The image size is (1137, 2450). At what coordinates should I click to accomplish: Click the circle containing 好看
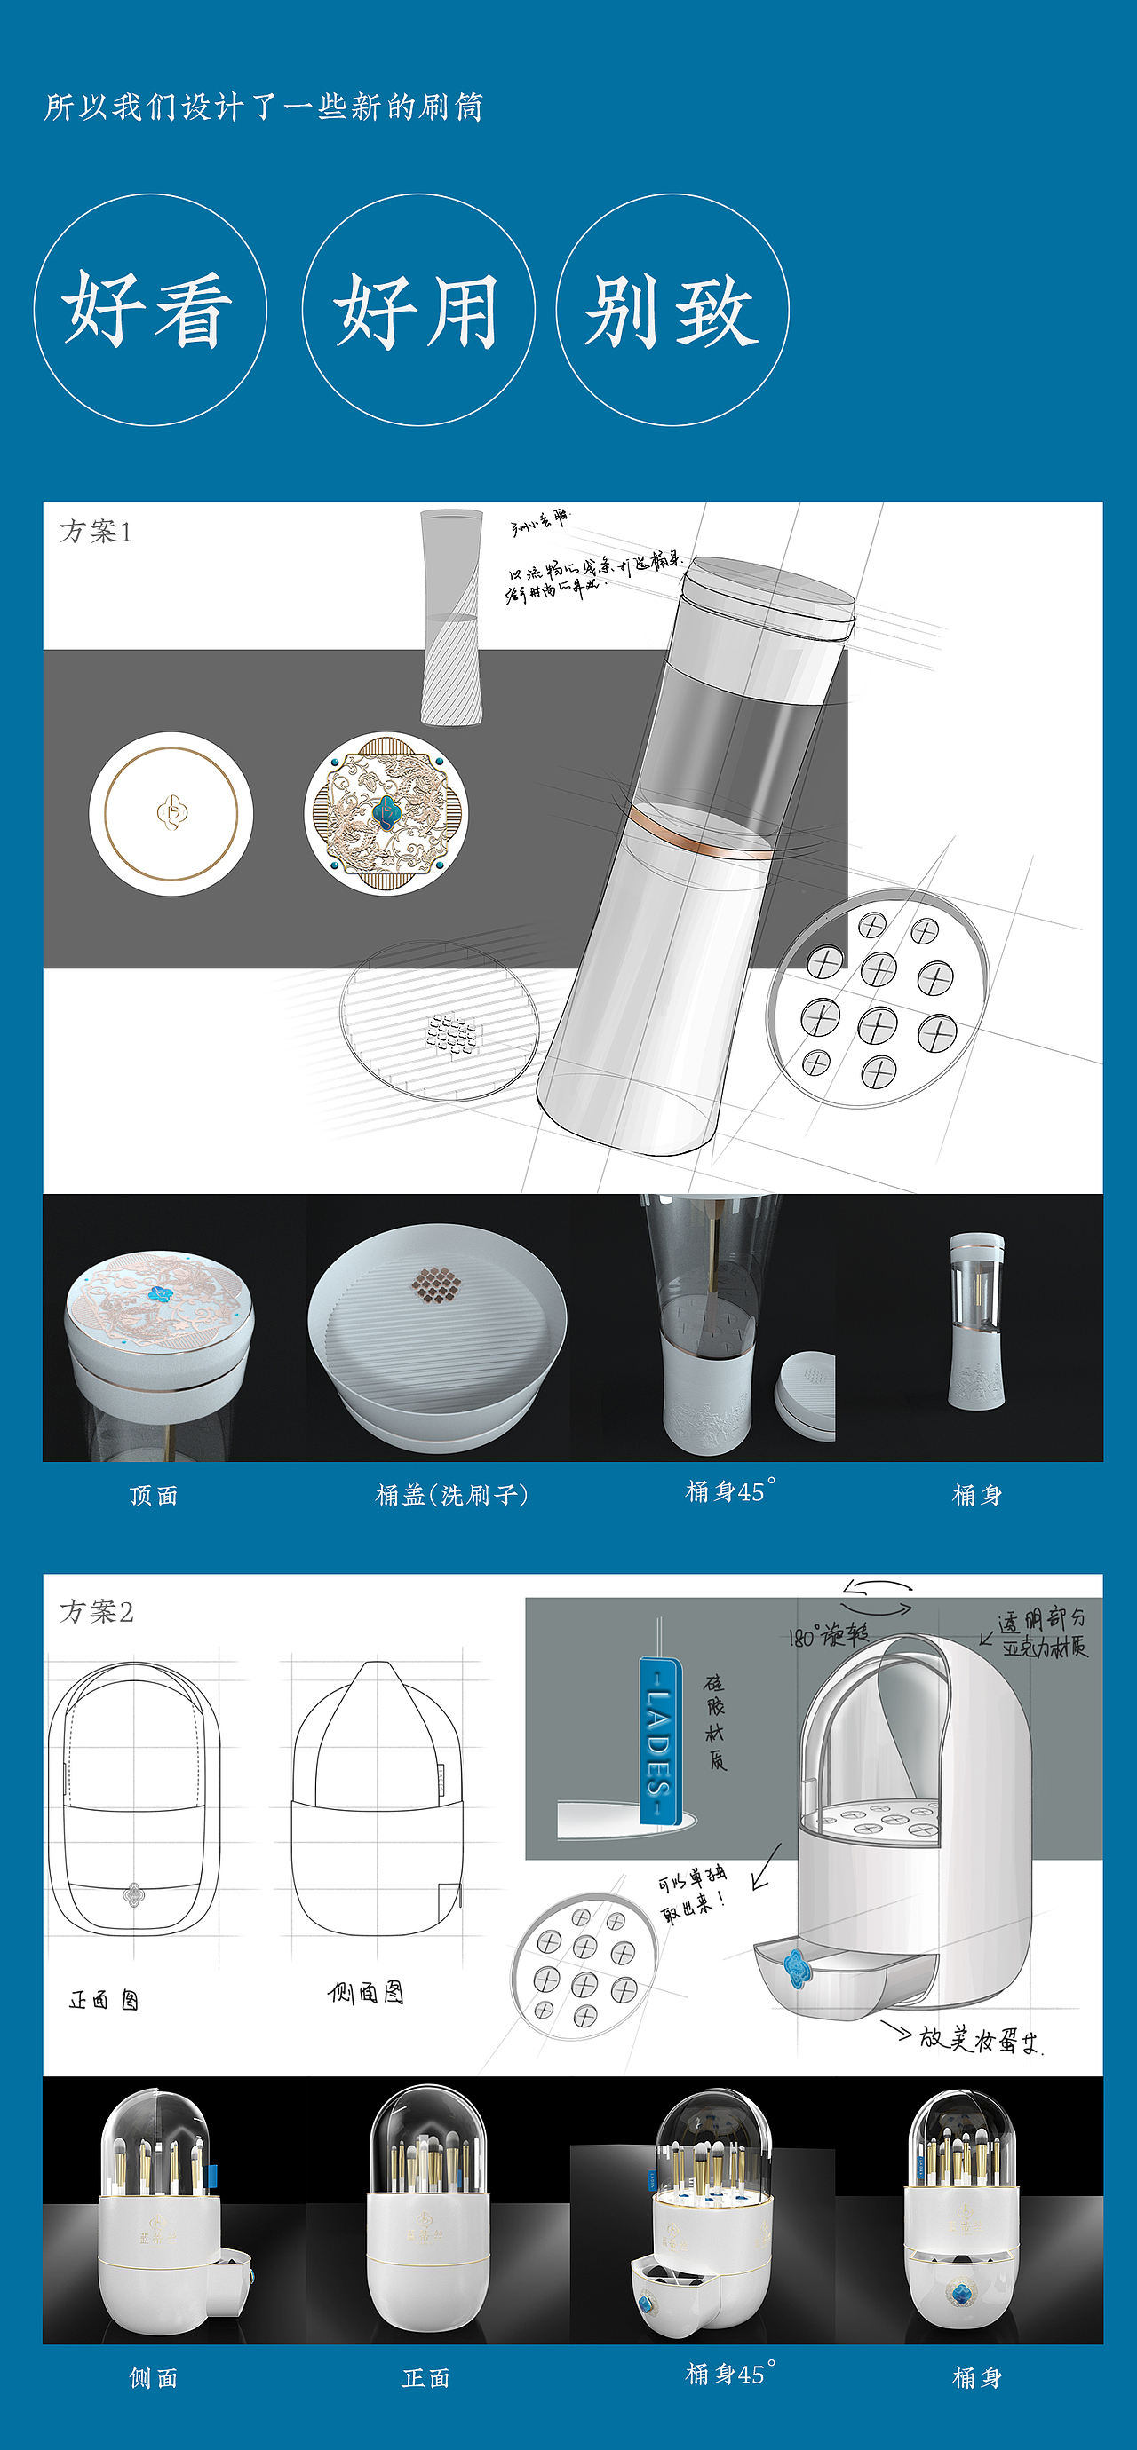(149, 310)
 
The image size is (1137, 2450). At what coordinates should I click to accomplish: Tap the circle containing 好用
(417, 310)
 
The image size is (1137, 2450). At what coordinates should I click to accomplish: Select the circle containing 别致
(672, 310)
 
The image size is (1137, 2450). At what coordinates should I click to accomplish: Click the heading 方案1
(96, 532)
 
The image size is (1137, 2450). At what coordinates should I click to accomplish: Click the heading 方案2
(96, 1611)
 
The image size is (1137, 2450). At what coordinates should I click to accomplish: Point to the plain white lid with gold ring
(171, 813)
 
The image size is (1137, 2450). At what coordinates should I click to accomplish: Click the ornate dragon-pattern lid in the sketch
(386, 812)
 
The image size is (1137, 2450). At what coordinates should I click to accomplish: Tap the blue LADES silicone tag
(659, 1741)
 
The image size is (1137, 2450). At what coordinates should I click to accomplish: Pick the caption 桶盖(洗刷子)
(451, 1495)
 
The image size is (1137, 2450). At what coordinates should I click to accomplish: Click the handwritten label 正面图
(104, 2000)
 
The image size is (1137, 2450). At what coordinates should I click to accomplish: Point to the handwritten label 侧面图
(365, 1993)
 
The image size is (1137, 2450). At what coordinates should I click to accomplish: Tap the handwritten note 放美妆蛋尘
(980, 2039)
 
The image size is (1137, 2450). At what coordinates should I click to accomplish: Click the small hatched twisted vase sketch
(451, 618)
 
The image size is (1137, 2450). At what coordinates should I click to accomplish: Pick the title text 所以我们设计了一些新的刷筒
(264, 107)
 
